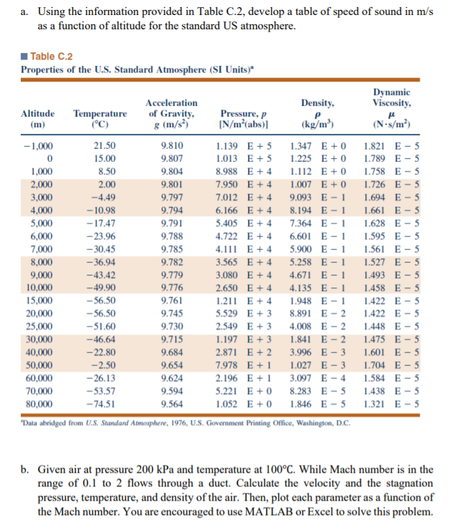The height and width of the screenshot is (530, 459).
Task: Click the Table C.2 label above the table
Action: pos(53,57)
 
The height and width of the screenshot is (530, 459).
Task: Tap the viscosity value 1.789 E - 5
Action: pos(391,158)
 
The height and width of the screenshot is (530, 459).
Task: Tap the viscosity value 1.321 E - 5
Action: pos(391,403)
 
